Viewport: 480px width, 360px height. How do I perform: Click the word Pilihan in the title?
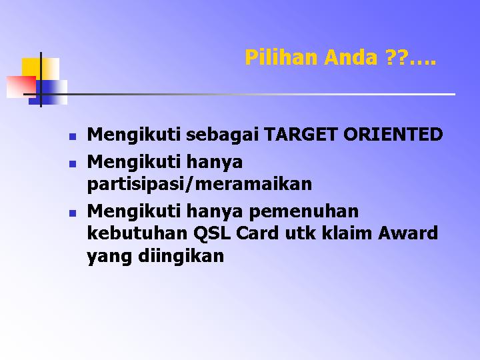(x=281, y=57)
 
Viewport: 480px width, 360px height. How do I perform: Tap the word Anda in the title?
(x=350, y=57)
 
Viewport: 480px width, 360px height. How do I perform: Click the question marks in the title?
(x=396, y=57)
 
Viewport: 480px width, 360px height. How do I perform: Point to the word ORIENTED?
(x=393, y=134)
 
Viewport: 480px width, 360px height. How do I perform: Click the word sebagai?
(x=222, y=135)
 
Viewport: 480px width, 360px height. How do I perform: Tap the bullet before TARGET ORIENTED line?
(x=73, y=136)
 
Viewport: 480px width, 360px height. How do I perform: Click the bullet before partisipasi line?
(x=73, y=164)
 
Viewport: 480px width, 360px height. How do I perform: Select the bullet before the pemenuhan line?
(x=73, y=213)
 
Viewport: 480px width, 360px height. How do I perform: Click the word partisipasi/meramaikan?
(x=199, y=184)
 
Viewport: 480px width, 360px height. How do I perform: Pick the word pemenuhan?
(x=303, y=212)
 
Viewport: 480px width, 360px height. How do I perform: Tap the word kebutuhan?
(x=137, y=233)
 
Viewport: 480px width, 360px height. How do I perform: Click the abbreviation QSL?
(x=211, y=233)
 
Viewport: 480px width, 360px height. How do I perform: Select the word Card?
(x=257, y=233)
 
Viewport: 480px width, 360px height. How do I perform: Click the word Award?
(x=408, y=233)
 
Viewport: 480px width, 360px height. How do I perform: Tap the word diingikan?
(x=181, y=256)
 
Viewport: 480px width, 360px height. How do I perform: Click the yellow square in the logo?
(x=40, y=69)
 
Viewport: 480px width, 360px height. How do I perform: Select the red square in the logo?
(x=21, y=87)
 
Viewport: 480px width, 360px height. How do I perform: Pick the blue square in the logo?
(x=48, y=92)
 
